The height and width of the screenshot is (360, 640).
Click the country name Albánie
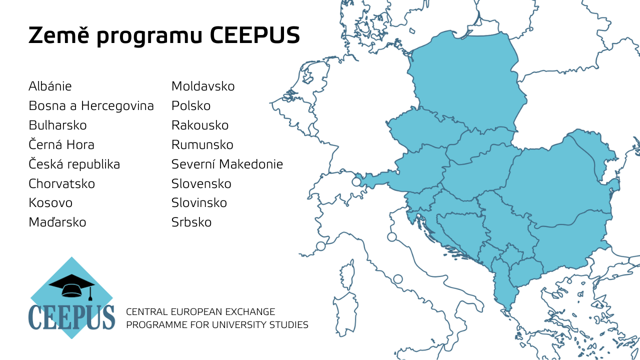(50, 86)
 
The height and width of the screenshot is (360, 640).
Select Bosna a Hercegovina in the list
(91, 106)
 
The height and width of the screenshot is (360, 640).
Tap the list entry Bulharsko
(57, 125)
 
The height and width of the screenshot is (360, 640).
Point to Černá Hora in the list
(61, 145)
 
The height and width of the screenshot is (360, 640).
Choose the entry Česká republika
(74, 164)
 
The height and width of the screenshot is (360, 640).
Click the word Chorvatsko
(61, 184)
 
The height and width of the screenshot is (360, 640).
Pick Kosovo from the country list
(50, 203)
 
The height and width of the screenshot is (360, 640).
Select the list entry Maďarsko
(57, 222)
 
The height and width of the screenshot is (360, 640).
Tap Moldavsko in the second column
(203, 86)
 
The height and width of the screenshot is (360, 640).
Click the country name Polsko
(191, 106)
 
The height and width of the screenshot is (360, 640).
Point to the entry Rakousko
(200, 125)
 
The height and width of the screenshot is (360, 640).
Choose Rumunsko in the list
(202, 145)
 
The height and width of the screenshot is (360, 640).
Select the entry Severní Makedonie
(227, 164)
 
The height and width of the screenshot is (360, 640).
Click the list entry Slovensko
(201, 184)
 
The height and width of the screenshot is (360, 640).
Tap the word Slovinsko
(199, 203)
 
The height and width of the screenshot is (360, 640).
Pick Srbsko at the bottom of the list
(191, 222)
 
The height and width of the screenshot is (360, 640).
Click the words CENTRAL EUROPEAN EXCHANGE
(200, 312)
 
